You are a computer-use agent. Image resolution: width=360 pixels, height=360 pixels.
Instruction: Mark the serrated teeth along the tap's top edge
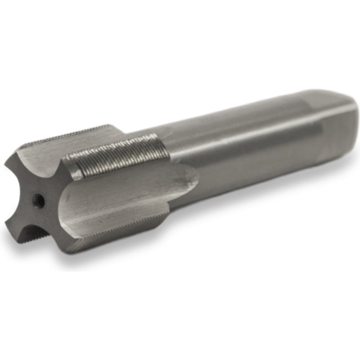coord(68,135)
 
